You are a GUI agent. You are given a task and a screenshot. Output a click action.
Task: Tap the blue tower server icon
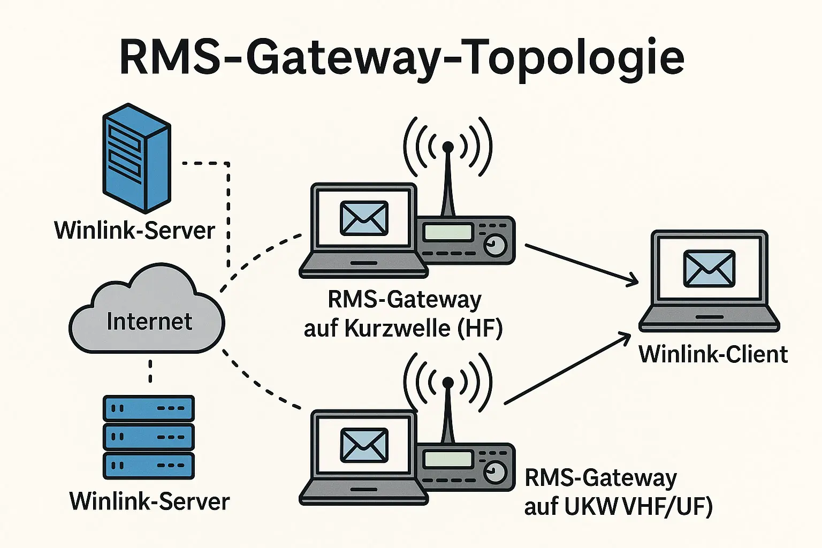click(136, 158)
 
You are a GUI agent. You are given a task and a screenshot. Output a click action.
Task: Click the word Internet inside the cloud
click(149, 322)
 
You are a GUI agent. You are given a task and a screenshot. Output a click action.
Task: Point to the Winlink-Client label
click(713, 354)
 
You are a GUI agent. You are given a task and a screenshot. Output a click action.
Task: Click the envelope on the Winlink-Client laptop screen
click(709, 269)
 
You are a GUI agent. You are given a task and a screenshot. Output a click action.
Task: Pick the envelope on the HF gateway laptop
click(364, 218)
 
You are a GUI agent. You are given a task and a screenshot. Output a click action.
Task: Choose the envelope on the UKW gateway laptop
click(364, 445)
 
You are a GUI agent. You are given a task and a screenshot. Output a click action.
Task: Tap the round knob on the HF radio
click(496, 245)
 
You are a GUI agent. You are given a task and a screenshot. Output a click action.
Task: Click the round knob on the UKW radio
click(496, 473)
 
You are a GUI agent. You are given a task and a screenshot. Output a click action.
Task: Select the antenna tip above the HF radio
click(448, 147)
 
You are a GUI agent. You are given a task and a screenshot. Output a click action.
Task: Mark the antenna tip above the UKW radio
click(448, 382)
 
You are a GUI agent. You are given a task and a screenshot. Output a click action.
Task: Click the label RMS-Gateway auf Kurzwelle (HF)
click(404, 314)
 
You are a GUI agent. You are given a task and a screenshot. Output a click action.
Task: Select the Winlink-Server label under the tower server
click(134, 231)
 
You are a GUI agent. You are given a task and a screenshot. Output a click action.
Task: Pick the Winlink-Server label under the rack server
click(149, 501)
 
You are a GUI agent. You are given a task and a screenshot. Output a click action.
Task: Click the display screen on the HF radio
click(448, 232)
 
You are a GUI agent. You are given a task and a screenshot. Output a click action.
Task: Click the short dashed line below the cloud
click(150, 371)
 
